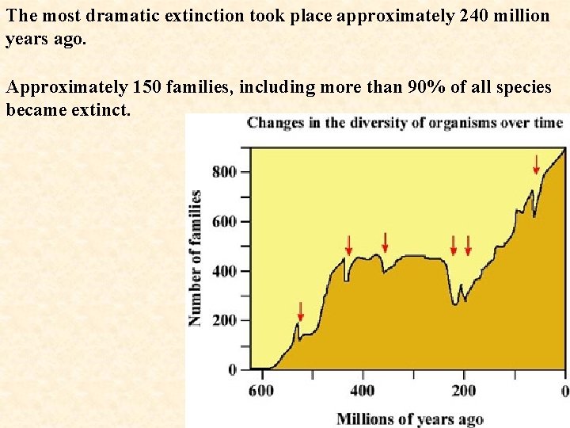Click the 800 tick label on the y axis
point(225,172)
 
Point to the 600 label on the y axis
point(225,222)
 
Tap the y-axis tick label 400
point(225,271)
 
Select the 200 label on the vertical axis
point(225,320)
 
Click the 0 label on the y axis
point(232,369)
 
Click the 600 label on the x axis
point(261,391)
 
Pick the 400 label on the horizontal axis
point(363,391)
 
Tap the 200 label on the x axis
point(464,391)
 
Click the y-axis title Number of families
point(195,258)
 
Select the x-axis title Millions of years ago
point(409,418)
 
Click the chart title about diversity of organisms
point(405,123)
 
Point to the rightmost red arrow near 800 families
point(537,164)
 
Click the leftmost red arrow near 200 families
point(300,310)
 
